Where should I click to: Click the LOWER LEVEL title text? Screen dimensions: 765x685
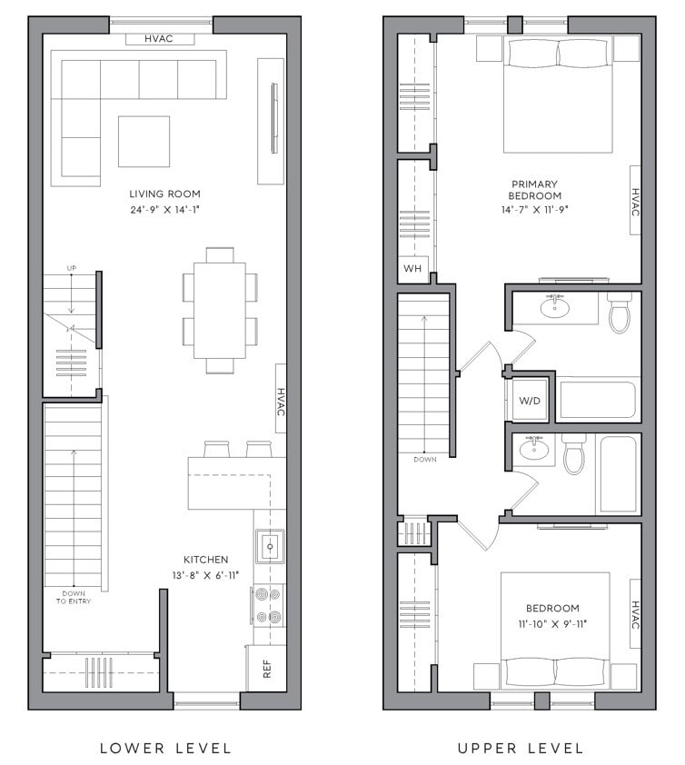pyautogui.click(x=165, y=748)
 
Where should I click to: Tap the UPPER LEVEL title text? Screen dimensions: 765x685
pyautogui.click(x=520, y=748)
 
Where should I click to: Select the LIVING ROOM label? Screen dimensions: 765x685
pyautogui.click(x=164, y=194)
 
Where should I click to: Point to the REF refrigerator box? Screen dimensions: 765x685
pyautogui.click(x=267, y=669)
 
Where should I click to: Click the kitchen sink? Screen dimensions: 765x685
pyautogui.click(x=270, y=546)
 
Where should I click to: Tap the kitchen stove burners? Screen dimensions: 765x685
pyautogui.click(x=270, y=605)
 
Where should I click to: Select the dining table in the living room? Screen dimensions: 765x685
pyautogui.click(x=219, y=310)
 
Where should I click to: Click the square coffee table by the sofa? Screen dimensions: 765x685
pyautogui.click(x=144, y=141)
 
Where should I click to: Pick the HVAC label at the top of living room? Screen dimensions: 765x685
pyautogui.click(x=160, y=39)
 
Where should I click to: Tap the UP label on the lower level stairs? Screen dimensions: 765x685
pyautogui.click(x=72, y=268)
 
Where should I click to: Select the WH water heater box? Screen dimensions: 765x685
pyautogui.click(x=412, y=269)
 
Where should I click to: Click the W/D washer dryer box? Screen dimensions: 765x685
pyautogui.click(x=529, y=401)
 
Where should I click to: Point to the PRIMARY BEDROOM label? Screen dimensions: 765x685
pyautogui.click(x=534, y=190)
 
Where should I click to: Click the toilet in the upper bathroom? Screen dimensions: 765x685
pyautogui.click(x=620, y=313)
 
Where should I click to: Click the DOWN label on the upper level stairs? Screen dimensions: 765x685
pyautogui.click(x=423, y=460)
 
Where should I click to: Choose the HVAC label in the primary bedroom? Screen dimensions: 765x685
pyautogui.click(x=635, y=202)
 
